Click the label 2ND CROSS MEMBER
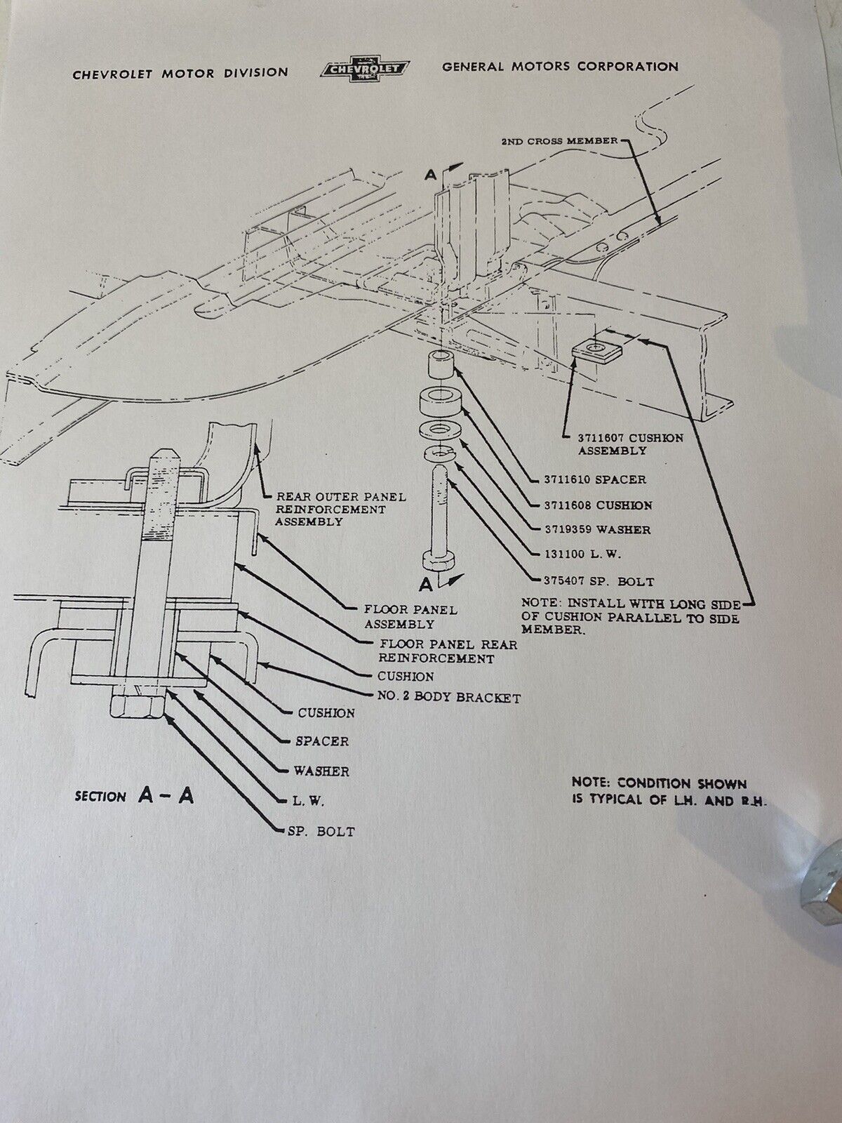[560, 140]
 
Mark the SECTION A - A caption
[135, 797]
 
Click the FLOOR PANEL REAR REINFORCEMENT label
[448, 651]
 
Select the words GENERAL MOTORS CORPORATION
[561, 67]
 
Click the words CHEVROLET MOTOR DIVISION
[180, 74]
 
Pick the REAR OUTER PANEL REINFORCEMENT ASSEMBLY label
[340, 509]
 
